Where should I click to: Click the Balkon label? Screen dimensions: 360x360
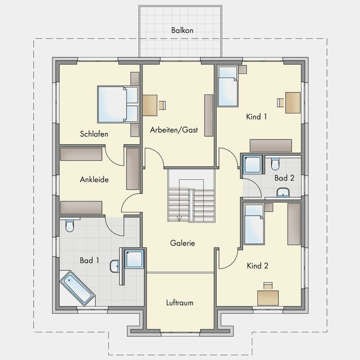point(182,30)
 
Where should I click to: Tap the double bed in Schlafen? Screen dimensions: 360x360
point(118,104)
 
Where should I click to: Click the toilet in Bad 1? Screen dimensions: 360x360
point(69,226)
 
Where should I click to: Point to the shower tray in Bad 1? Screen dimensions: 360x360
point(134,260)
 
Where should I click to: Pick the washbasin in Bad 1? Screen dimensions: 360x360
point(114,266)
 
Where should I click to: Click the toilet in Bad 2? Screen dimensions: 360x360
point(275,164)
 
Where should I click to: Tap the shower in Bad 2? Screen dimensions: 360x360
point(253,165)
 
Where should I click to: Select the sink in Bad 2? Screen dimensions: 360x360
point(283,192)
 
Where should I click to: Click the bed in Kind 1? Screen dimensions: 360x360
point(228,86)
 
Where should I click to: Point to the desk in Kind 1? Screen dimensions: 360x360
point(293,103)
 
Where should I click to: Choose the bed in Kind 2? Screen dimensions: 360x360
point(254,224)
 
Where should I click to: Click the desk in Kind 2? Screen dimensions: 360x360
point(268,298)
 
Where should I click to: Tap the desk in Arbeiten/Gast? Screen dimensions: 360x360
point(150,105)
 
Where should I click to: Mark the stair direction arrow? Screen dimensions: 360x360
point(179,219)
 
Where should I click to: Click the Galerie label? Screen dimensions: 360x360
point(183,243)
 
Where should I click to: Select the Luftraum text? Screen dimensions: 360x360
point(180,303)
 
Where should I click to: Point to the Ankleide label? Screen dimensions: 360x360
point(94,179)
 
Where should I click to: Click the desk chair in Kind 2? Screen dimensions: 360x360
point(268,286)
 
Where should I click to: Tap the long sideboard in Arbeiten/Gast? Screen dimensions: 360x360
point(209,115)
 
